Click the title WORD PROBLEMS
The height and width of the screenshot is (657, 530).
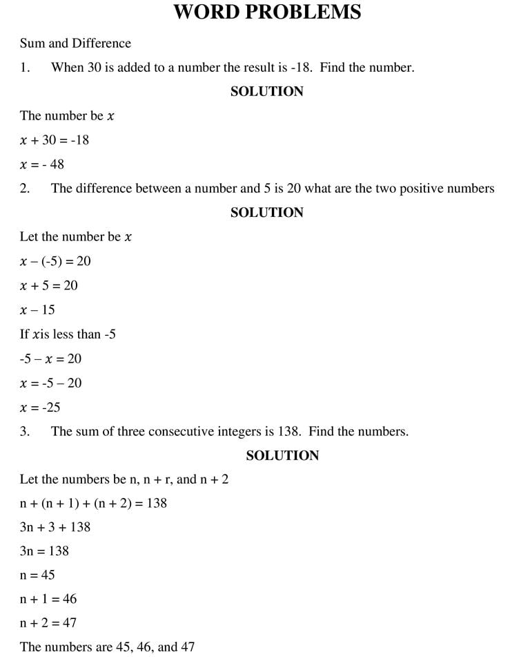266,12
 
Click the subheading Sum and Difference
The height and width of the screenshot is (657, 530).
75,43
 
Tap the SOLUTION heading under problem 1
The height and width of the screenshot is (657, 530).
266,91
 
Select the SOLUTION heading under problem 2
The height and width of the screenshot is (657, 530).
266,212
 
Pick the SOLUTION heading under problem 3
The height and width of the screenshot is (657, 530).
282,455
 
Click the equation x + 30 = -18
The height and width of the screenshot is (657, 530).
55,140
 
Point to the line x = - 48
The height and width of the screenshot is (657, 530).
42,164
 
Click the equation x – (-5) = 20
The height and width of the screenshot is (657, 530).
55,261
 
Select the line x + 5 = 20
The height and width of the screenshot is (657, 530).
49,285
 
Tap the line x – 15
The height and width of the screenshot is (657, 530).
38,310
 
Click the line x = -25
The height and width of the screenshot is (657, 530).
40,407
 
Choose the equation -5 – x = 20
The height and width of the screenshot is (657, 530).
50,359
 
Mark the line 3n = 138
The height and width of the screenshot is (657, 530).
44,551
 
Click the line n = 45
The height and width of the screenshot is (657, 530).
37,575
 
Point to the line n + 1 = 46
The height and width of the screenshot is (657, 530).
48,599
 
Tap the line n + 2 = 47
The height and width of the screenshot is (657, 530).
48,623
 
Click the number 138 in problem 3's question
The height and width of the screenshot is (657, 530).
288,431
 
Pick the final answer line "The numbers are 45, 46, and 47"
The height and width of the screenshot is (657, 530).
107,647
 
